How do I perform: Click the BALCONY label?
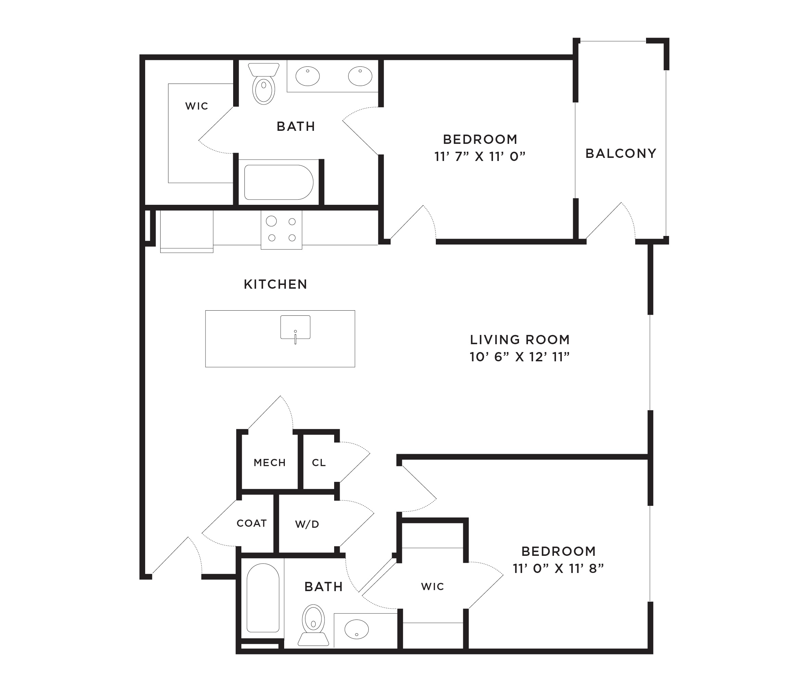pos(621,153)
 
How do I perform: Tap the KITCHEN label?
pos(276,284)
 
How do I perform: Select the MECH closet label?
pos(270,463)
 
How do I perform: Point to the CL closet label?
pos(319,463)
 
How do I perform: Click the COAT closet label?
pos(252,523)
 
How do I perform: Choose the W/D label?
pos(307,524)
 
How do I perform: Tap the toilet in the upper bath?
pos(264,83)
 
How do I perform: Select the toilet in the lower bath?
pos(313,625)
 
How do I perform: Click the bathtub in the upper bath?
pos(279,182)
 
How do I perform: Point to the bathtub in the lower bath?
pos(263,598)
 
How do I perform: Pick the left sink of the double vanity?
pos(307,76)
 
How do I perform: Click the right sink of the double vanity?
pos(360,76)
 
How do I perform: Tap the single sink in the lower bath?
pos(357,629)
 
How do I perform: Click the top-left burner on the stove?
pos(271,221)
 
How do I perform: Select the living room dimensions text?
pos(520,357)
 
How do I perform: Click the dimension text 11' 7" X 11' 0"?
pos(480,157)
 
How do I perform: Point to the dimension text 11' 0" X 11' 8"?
pos(558,569)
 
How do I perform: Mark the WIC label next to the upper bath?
pos(197,106)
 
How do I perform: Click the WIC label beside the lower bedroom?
pos(432,587)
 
